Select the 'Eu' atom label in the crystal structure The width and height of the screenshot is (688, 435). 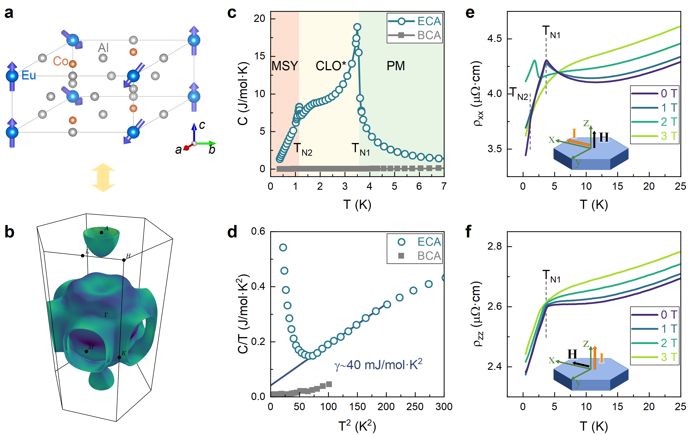click(29, 75)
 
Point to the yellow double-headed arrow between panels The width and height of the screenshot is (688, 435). click(103, 178)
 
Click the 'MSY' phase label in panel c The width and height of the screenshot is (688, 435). click(285, 66)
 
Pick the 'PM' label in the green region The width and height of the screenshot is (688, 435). click(396, 66)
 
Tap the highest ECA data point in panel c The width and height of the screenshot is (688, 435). click(357, 27)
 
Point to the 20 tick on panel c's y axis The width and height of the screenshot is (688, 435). click(260, 19)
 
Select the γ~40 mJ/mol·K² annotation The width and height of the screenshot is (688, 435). click(378, 365)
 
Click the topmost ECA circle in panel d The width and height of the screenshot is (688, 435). click(283, 248)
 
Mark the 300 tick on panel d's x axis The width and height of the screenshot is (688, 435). click(444, 407)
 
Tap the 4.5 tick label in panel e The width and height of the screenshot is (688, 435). click(494, 38)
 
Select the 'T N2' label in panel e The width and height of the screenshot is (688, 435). click(520, 94)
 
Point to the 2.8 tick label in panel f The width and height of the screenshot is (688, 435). click(494, 246)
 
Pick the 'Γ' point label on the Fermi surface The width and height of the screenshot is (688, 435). click(106, 315)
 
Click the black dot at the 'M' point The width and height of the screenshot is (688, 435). click(86, 351)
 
